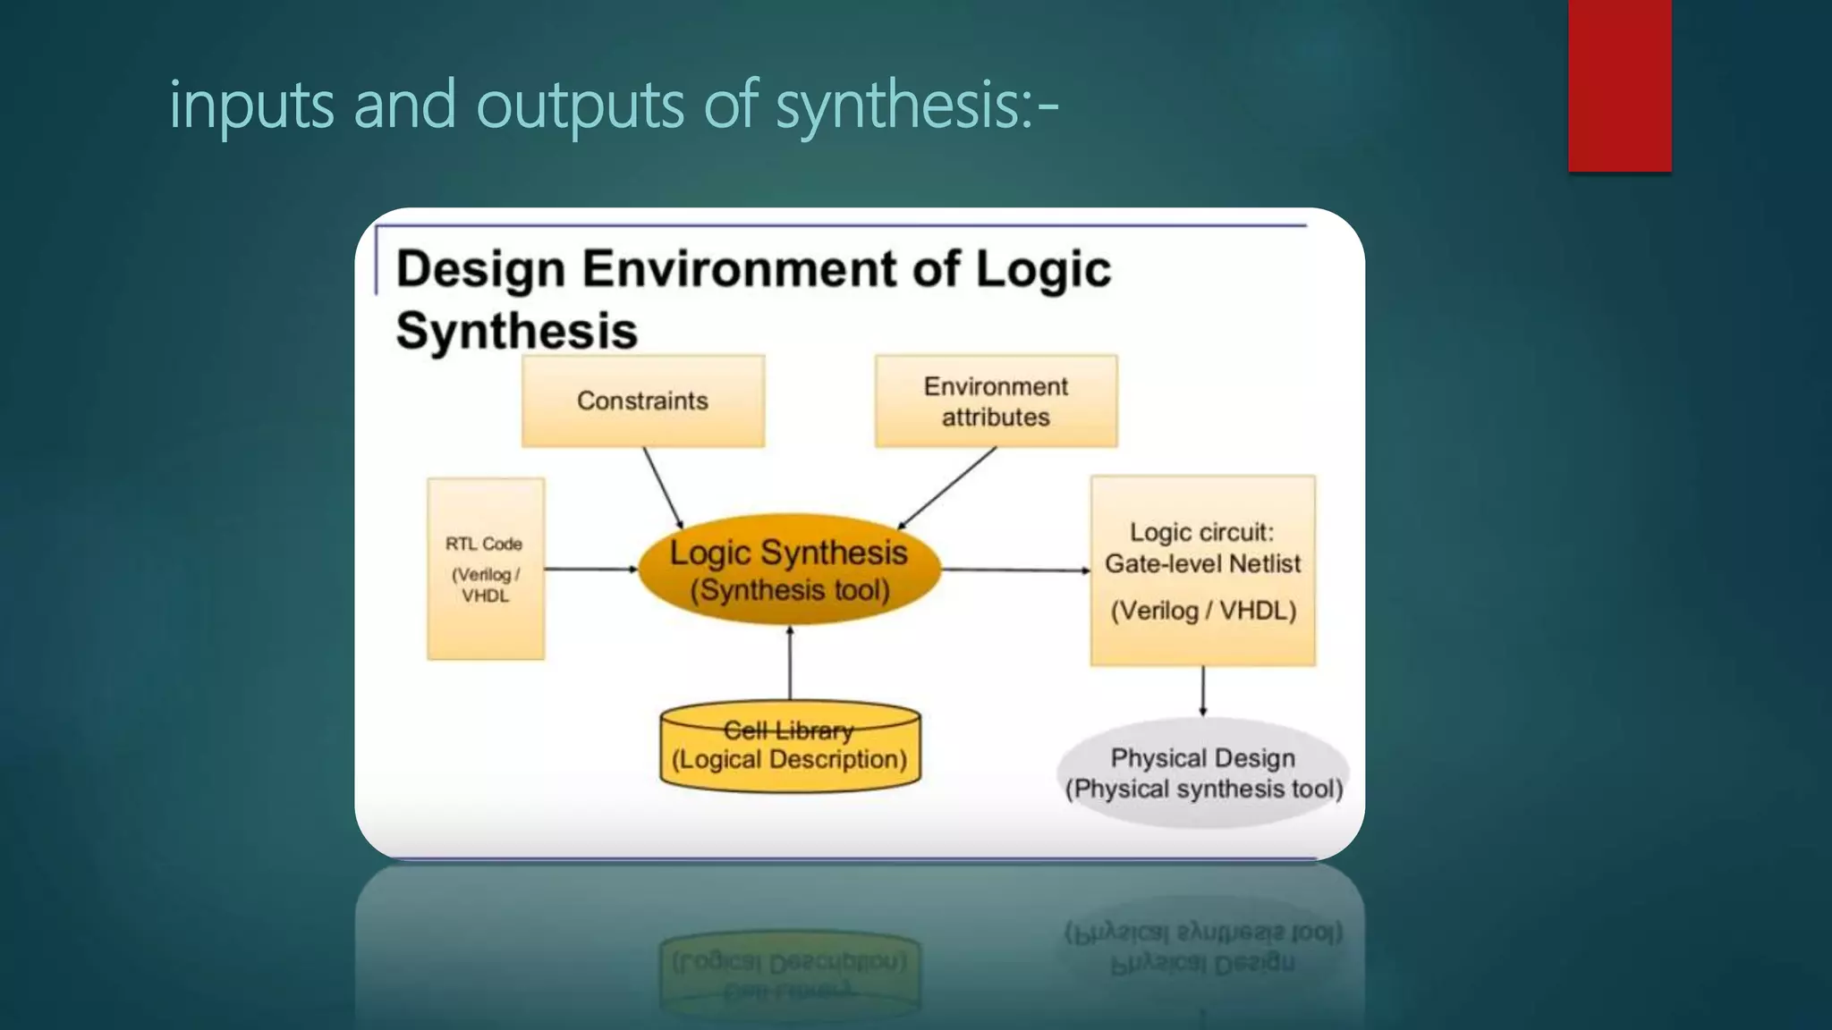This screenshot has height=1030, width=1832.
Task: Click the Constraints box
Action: click(642, 401)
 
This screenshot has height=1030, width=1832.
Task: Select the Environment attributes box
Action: click(996, 401)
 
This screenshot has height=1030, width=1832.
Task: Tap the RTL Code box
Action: click(486, 570)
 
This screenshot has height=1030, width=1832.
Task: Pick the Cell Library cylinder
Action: click(790, 747)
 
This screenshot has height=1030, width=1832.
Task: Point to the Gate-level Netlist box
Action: click(1202, 570)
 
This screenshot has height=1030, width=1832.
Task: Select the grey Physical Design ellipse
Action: click(1203, 773)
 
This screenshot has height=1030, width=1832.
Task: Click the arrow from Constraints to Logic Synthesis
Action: click(663, 488)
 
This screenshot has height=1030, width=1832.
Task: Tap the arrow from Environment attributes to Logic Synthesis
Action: click(947, 488)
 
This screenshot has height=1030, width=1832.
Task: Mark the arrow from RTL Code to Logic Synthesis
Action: click(590, 569)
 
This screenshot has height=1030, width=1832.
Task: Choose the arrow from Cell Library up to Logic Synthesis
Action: click(790, 663)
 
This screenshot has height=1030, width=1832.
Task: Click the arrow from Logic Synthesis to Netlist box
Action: click(1015, 570)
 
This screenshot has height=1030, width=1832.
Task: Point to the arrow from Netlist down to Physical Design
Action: click(1203, 691)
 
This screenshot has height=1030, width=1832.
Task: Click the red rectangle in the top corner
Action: click(1619, 86)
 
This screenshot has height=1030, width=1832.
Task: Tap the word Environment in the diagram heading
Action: click(739, 269)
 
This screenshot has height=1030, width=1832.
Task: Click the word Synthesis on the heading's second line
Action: click(516, 331)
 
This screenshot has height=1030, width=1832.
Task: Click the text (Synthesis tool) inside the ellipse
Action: click(790, 591)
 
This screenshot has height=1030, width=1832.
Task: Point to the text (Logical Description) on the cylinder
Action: click(789, 760)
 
